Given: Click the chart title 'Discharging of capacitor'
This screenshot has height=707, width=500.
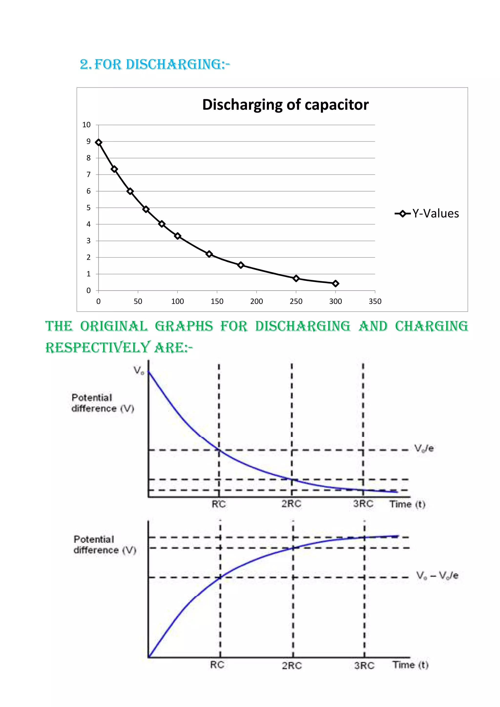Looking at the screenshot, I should pos(285,105).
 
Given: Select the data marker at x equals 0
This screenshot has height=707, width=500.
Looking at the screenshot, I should pos(99,142).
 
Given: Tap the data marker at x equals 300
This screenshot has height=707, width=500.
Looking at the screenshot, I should pos(335,283).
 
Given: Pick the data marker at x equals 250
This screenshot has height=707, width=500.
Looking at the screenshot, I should pos(296,278).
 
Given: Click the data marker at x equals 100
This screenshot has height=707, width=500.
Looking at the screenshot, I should pos(177,236).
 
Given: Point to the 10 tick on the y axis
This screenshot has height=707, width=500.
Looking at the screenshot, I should pos(87,125).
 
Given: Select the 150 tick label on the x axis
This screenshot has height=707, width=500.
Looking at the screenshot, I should pos(217,301).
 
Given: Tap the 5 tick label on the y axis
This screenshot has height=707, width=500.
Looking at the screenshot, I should pos(88,207).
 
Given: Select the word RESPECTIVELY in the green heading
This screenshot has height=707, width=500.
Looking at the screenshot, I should pos(97,348).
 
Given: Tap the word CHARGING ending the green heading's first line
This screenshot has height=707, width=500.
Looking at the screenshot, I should pos(431,326).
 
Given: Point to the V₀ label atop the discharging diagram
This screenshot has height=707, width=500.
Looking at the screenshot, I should pos(139,370).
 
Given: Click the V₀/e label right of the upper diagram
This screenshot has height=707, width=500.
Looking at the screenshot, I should pos(424,448).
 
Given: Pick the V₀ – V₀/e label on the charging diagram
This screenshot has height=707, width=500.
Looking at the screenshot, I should pos(437,575).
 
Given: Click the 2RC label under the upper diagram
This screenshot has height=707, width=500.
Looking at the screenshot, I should pos(291,504).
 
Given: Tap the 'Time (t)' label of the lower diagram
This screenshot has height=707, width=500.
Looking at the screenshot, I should pos(410,665).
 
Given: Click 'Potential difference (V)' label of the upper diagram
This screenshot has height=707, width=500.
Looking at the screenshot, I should pos(103,403).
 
